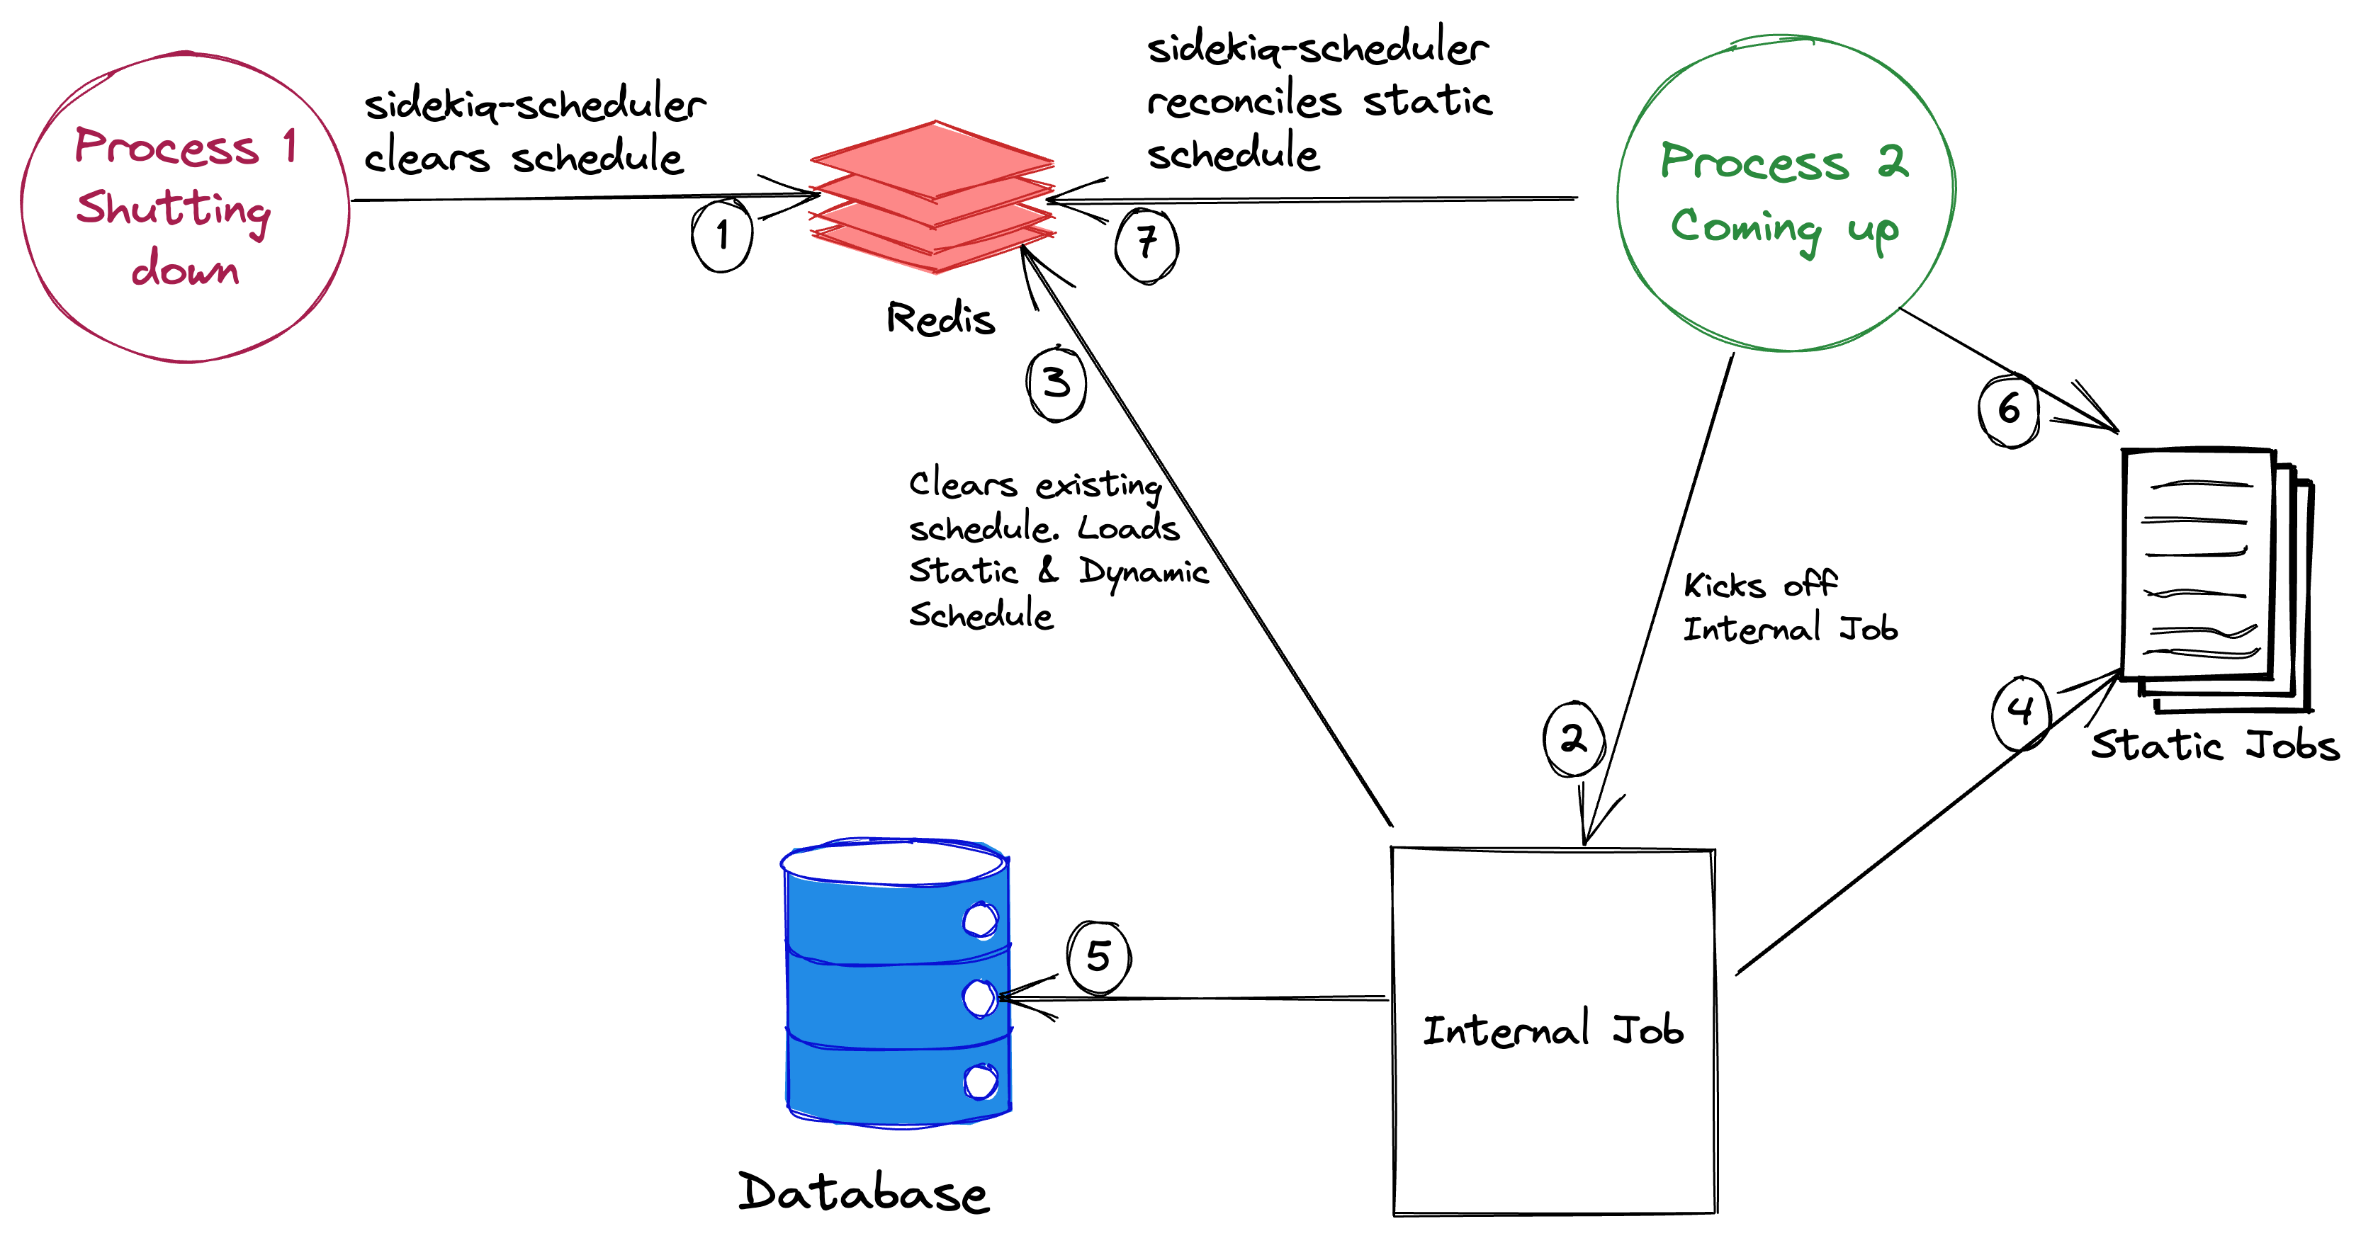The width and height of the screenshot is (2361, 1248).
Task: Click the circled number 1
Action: coord(722,234)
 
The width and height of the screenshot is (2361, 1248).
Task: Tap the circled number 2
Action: coord(1574,739)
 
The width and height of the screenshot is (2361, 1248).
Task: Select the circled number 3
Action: coord(1056,383)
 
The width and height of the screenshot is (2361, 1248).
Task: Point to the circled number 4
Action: coord(2020,713)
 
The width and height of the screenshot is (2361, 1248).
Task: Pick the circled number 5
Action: coord(1099,958)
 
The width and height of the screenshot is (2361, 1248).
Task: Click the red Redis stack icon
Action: coord(933,197)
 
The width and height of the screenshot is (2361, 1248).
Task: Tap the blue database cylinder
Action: coord(896,982)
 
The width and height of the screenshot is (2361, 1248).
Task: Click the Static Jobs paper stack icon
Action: coord(2216,579)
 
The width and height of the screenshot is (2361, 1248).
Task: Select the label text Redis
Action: coord(940,318)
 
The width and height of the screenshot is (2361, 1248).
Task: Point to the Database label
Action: coord(863,1192)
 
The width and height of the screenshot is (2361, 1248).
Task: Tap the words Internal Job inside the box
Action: coord(1553,1030)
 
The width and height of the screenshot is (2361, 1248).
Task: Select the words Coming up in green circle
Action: coord(1784,229)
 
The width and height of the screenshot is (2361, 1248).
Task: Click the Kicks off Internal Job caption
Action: coord(1790,606)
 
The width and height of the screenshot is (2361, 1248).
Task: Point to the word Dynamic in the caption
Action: coord(1143,572)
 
